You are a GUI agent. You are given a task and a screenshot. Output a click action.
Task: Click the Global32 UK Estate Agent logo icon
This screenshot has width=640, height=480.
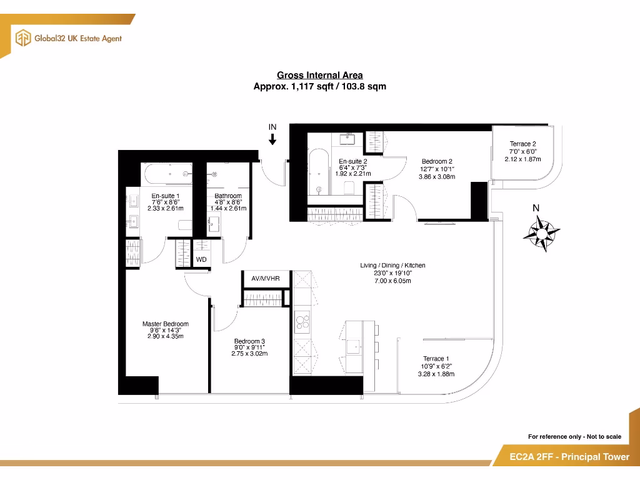(23, 37)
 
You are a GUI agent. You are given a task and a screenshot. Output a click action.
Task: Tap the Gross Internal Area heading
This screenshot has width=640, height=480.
(319, 76)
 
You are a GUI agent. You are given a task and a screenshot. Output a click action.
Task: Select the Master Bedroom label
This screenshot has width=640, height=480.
(165, 324)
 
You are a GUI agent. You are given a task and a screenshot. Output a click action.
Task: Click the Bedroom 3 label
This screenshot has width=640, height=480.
(249, 341)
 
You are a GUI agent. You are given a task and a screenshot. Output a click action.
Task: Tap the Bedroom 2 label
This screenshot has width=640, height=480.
(437, 161)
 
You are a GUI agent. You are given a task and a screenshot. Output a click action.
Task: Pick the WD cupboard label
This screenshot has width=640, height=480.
(201, 259)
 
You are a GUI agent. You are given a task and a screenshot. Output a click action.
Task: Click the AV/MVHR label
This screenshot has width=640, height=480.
(266, 277)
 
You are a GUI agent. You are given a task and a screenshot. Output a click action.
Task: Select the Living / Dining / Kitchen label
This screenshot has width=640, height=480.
(393, 265)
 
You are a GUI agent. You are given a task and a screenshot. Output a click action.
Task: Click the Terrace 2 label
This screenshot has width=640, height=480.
(522, 144)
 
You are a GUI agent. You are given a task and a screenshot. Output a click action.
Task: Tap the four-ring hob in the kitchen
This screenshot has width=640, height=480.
(302, 322)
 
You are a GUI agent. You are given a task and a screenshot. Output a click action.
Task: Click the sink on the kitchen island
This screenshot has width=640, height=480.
(357, 344)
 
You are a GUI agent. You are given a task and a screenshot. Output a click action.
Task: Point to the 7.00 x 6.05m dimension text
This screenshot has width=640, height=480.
(393, 281)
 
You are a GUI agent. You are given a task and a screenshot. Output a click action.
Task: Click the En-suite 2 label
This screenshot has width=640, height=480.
(352, 161)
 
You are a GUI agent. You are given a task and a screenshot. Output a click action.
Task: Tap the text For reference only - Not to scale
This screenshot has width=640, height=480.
(574, 436)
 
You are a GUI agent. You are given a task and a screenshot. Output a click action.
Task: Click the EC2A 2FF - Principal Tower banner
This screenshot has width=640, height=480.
(561, 457)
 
